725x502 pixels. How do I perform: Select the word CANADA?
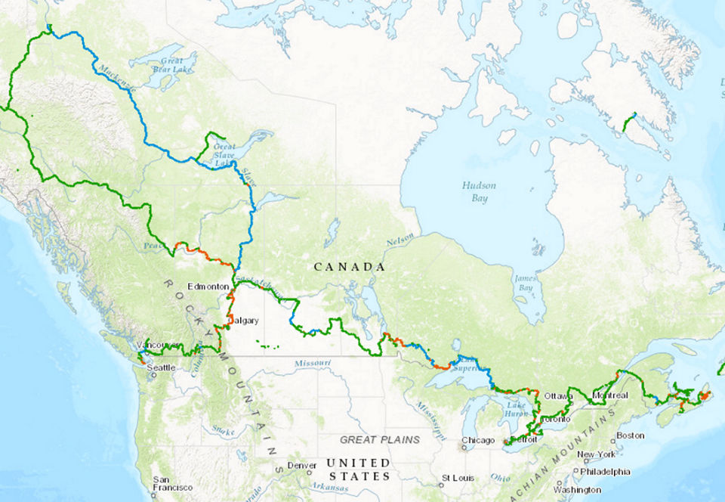(349, 267)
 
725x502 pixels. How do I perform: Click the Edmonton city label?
(207, 287)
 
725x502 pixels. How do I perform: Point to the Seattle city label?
(161, 367)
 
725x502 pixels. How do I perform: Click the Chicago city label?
(479, 440)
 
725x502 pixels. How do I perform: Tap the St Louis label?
(458, 478)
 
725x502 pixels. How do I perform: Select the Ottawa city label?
(559, 396)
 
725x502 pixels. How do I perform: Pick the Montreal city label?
(610, 395)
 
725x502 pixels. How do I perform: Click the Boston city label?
(630, 435)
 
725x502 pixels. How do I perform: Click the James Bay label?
(525, 283)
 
